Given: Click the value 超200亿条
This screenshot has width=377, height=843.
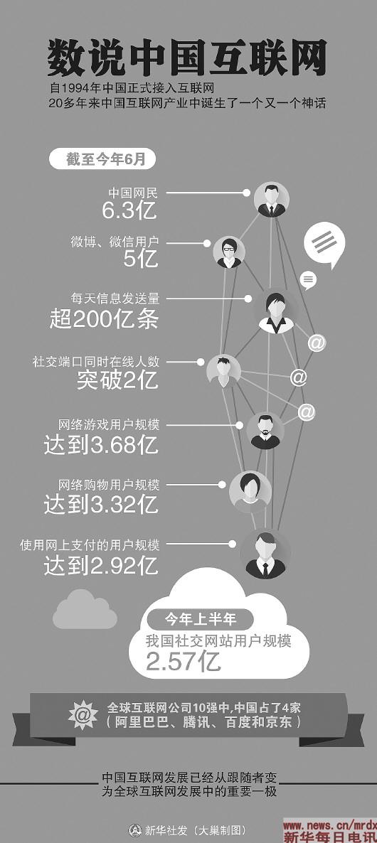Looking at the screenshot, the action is point(105,319).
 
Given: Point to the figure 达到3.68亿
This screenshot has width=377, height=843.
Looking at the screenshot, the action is point(101,445).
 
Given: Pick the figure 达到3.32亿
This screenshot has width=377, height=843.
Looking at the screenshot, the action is point(101,504).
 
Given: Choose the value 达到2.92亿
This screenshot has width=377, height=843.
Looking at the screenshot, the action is point(101,566).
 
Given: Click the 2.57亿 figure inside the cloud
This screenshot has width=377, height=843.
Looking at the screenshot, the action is point(184,662).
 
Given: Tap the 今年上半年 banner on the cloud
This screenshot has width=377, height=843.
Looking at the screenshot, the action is point(200,619).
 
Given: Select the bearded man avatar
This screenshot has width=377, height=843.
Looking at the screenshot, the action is point(265,431).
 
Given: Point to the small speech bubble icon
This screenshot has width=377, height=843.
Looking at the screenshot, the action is point(308,279).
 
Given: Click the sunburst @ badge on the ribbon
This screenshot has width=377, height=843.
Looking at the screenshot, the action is point(83,716).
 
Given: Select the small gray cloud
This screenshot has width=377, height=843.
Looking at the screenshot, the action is point(85,610).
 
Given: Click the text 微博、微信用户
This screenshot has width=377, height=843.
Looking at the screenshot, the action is point(115,242).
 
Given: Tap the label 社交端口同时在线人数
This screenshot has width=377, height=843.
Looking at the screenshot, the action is point(96,362).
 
